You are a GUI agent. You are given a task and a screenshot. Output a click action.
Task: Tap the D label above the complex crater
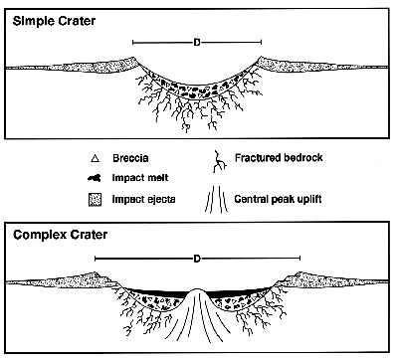point(197,259)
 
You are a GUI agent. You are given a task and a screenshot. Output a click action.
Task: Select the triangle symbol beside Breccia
point(94,157)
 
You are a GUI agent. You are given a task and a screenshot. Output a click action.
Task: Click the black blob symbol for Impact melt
point(94,178)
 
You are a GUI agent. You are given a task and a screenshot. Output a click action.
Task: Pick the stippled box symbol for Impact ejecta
point(94,198)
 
